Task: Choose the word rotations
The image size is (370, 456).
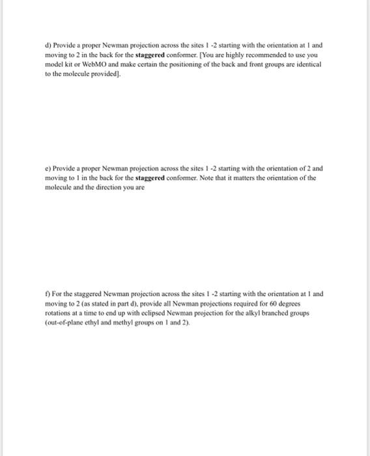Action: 61,312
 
